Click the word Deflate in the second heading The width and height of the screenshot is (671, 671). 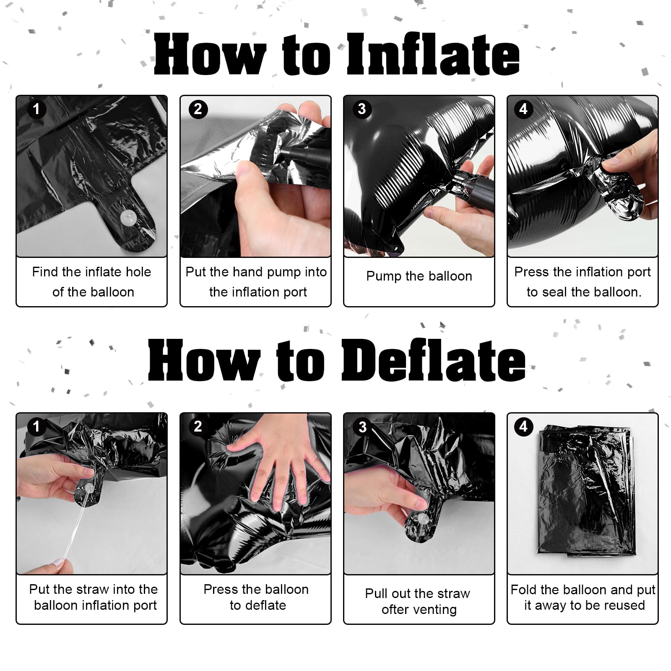433,360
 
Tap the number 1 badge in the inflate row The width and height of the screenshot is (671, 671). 36,109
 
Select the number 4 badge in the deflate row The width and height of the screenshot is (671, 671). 523,427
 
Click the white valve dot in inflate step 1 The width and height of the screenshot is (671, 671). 128,217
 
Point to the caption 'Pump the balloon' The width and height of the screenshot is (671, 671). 419,276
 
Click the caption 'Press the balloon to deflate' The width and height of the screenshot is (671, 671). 256,597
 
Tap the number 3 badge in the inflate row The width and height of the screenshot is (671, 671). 362,109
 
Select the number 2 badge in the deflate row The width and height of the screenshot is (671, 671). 198,427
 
